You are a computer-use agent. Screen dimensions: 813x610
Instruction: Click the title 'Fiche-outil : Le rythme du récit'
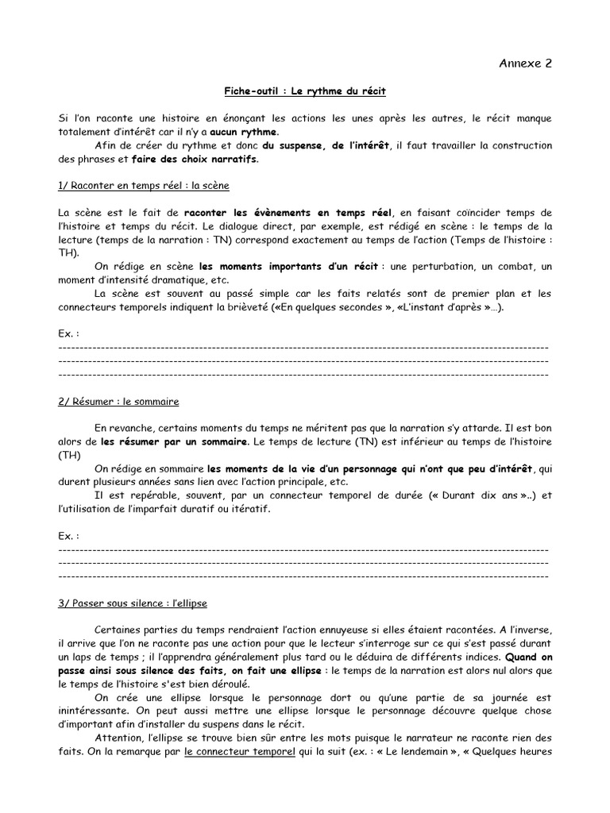(x=304, y=92)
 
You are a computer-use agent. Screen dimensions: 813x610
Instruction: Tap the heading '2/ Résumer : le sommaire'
(x=118, y=401)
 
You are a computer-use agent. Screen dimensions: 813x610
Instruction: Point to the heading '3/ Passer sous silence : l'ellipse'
(x=133, y=603)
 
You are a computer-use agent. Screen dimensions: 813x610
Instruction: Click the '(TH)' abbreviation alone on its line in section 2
(x=70, y=455)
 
